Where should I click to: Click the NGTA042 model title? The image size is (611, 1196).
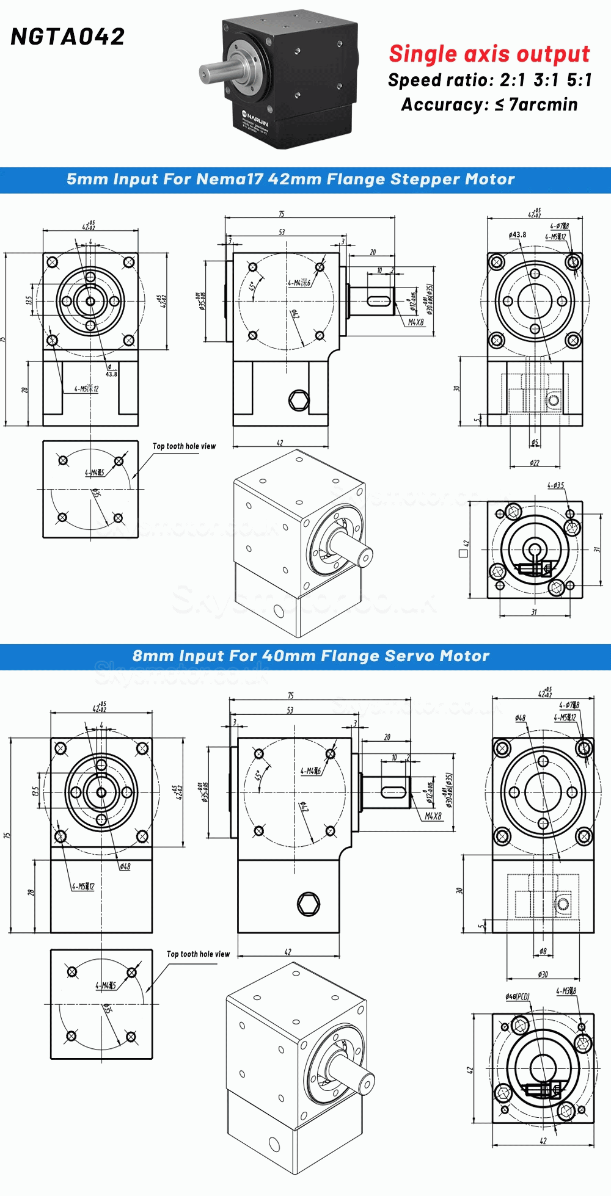(x=68, y=37)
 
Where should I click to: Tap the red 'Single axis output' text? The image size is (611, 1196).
(x=489, y=54)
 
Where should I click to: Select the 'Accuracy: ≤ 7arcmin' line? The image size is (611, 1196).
(x=489, y=104)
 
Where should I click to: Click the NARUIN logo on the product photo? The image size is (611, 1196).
(x=255, y=114)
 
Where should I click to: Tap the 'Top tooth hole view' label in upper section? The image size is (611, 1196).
(x=184, y=446)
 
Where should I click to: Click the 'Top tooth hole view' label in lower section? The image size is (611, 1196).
(x=198, y=954)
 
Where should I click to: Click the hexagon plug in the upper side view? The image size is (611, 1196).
(x=299, y=400)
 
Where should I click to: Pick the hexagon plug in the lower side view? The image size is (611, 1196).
(x=308, y=904)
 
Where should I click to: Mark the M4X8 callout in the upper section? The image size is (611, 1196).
(x=416, y=322)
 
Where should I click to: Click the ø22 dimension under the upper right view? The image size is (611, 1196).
(x=535, y=463)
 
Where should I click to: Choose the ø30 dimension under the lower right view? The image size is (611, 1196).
(x=543, y=974)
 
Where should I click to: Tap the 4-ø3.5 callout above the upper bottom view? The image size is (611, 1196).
(x=555, y=485)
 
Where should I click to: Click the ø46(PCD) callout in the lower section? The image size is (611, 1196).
(x=518, y=996)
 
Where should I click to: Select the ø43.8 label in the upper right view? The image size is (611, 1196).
(x=517, y=234)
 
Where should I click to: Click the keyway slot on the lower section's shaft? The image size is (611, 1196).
(x=394, y=792)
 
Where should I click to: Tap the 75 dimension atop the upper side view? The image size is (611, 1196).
(x=282, y=214)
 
